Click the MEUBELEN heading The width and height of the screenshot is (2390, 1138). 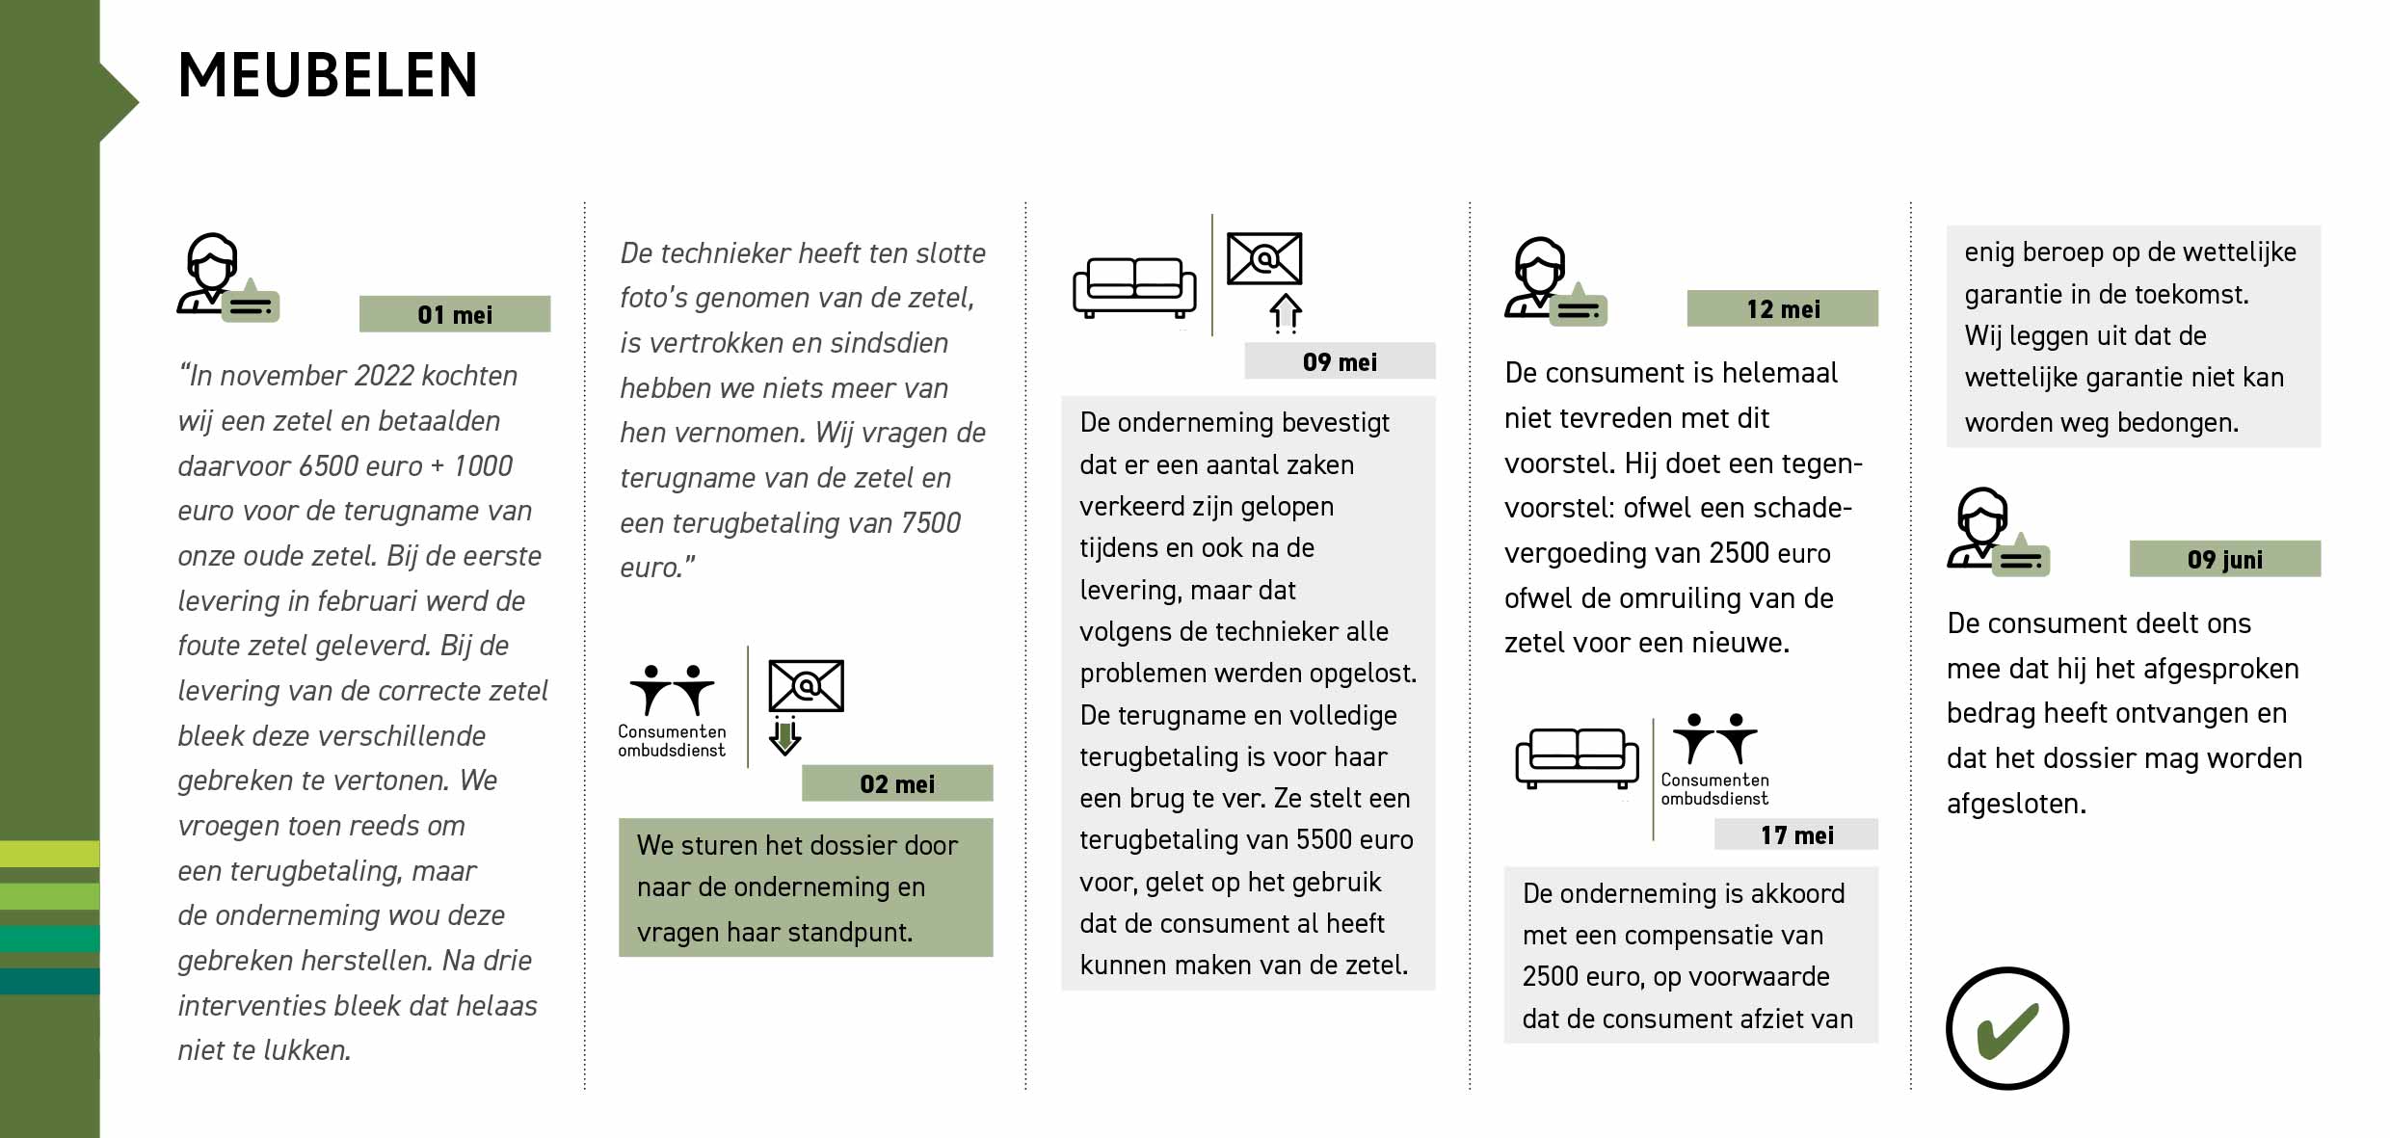pos(328,75)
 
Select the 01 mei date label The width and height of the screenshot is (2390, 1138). pos(454,314)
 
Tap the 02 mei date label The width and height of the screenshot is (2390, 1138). pos(896,783)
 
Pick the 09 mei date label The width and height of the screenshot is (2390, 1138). pos(1340,361)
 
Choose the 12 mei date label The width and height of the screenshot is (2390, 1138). pos(1783,308)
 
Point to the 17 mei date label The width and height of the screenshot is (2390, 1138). pos(1796,834)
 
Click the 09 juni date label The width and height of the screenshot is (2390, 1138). pos(2224,559)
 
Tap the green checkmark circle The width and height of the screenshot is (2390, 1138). pos(2007,1028)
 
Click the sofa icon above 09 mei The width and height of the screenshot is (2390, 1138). pos(1134,286)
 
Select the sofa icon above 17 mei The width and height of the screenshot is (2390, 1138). pos(1577,757)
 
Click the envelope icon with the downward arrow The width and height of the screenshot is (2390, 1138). pos(805,703)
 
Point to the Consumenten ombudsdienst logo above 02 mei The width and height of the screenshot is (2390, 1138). pos(672,709)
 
